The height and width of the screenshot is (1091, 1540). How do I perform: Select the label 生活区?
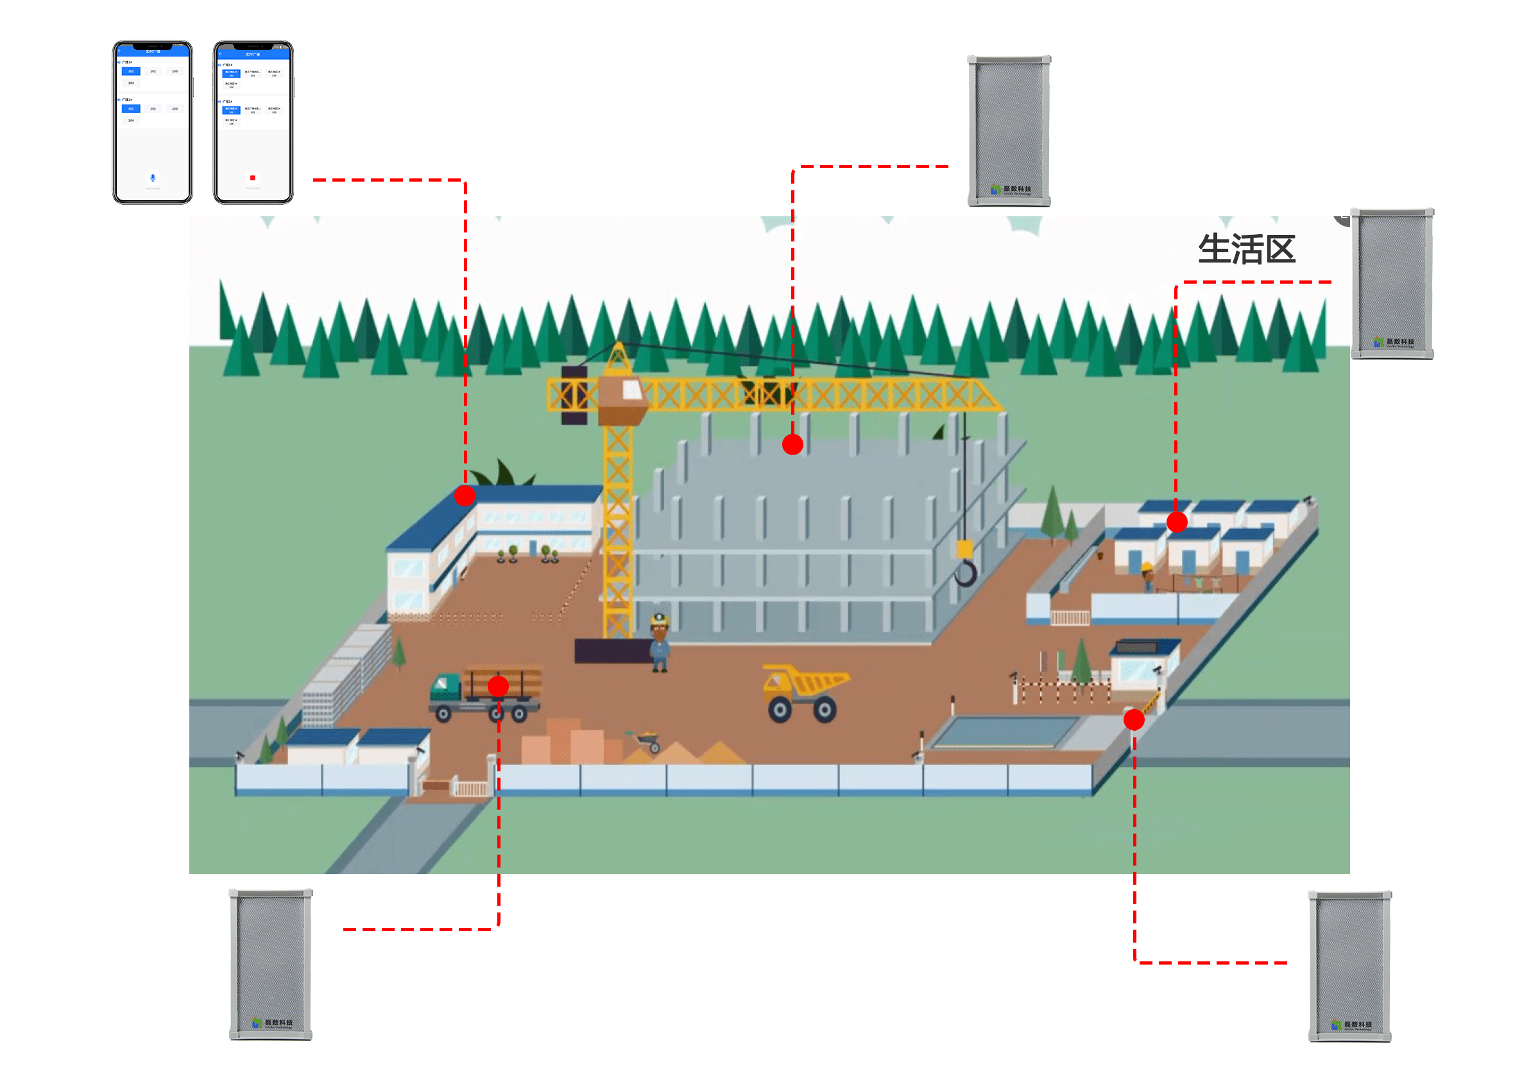(1246, 249)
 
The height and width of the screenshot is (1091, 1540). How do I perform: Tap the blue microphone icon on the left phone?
(153, 177)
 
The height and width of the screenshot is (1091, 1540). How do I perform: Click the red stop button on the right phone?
(253, 177)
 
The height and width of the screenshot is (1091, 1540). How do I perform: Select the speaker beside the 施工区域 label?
(1008, 130)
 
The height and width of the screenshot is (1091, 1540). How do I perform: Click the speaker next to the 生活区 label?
(1392, 283)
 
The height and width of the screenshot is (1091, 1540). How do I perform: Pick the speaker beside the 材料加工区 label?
(270, 963)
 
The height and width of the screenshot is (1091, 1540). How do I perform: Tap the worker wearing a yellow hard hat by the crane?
(659, 642)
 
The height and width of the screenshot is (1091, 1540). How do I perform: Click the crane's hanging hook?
(965, 572)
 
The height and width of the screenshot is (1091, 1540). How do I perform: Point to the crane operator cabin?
(623, 399)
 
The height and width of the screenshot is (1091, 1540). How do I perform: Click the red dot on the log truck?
(498, 686)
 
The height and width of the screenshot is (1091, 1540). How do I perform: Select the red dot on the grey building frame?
(792, 444)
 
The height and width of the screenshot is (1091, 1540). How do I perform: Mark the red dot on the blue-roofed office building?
(465, 496)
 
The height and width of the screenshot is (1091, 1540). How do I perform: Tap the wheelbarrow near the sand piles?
(645, 741)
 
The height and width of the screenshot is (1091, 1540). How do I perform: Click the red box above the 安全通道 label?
(1208, 918)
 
